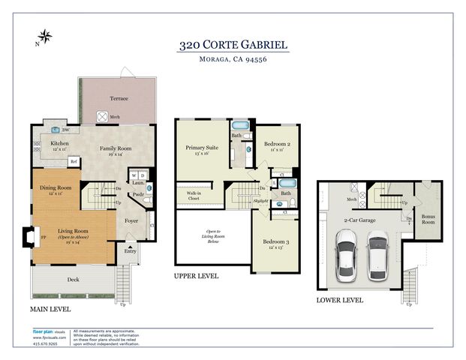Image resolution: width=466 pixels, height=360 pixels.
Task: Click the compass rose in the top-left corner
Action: point(44,35)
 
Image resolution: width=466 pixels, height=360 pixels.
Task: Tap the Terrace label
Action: point(119,98)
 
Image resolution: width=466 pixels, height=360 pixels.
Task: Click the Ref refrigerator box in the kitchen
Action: point(74,161)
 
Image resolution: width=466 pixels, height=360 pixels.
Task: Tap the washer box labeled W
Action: point(134,176)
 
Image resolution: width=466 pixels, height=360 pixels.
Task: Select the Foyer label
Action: point(131,220)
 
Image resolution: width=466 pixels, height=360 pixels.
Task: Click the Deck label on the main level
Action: point(73,280)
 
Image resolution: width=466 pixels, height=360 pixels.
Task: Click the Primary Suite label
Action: point(200,148)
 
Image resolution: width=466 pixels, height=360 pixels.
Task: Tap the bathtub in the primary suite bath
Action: point(240,126)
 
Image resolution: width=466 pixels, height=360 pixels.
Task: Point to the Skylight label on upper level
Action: point(260,201)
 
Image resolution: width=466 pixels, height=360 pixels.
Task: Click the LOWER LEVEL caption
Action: point(339,300)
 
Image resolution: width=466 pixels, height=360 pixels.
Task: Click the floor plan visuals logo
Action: point(47,331)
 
